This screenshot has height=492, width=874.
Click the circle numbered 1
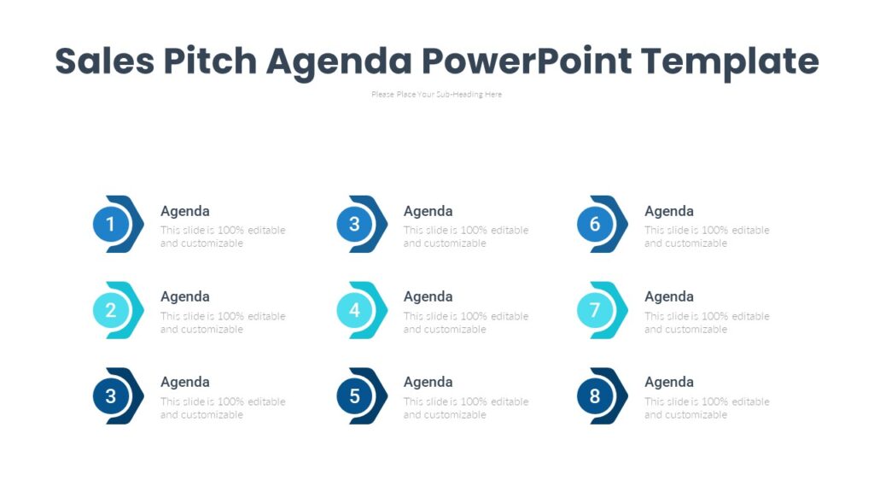coord(110,225)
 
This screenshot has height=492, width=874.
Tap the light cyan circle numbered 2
coord(110,310)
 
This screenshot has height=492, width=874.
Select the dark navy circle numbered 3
coord(110,395)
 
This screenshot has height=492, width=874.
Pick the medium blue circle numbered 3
coord(354,225)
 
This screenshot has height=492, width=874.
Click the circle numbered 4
coord(354,310)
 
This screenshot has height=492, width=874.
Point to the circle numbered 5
coord(354,395)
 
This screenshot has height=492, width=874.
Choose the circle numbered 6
coord(595,225)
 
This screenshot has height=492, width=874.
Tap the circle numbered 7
coord(595,310)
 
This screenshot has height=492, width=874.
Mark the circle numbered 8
coord(595,395)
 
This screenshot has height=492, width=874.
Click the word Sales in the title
coord(103,61)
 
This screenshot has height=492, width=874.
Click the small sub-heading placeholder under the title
coord(436,95)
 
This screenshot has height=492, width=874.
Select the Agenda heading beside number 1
coord(185,211)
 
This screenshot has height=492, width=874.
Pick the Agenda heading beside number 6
coord(669,211)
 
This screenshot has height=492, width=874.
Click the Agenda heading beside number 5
coord(428,382)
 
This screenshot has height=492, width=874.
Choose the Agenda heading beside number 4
coord(428,296)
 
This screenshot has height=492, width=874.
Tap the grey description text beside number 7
coord(707,323)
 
